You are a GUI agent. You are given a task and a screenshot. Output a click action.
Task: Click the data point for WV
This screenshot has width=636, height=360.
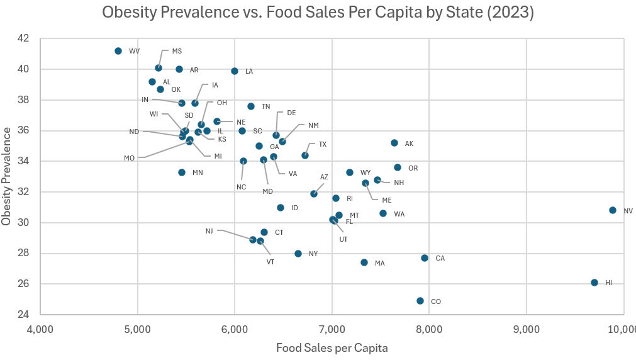[118, 51]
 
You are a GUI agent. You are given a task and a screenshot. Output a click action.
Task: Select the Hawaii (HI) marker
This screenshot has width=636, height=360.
[594, 283]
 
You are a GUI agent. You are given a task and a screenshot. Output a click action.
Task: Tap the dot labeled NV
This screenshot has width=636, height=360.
[613, 210]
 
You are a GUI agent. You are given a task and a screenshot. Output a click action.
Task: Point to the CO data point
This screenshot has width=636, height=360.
[420, 301]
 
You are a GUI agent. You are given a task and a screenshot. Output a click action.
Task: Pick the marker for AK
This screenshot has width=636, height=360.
[394, 143]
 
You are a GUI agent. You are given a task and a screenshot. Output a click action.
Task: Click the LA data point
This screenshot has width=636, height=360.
[235, 71]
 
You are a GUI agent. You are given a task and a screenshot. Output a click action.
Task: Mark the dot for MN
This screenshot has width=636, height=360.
[182, 172]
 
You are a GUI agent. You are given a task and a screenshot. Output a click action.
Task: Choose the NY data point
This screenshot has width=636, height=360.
[298, 254]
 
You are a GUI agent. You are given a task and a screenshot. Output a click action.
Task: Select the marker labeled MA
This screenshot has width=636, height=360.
[364, 262]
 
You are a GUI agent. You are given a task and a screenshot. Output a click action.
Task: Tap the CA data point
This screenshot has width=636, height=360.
[425, 258]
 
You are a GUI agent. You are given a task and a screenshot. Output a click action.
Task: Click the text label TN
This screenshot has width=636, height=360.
[265, 107]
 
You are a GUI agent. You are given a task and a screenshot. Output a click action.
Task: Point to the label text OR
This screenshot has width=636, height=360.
[413, 168]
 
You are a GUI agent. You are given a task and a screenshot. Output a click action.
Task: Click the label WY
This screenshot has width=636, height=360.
[365, 172]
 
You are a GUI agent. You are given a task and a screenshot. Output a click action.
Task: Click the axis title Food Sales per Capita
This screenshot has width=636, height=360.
[332, 347]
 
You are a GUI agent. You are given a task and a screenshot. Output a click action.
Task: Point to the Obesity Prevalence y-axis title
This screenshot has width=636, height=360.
[7, 176]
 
